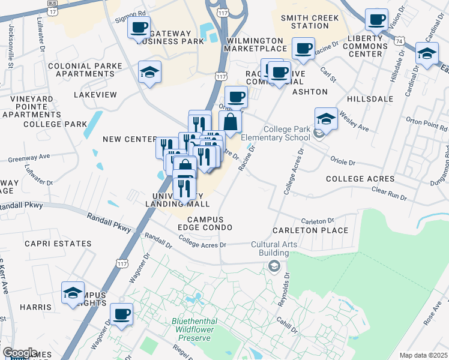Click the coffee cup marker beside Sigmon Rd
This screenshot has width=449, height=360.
[x=139, y=28]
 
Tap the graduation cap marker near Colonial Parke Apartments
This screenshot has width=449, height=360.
[x=149, y=73]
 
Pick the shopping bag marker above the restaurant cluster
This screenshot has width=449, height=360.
[x=231, y=122]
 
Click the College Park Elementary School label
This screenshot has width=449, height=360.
[x=275, y=133]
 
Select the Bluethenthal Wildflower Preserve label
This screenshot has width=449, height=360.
[x=191, y=329]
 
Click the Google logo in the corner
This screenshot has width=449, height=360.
[x=19, y=353]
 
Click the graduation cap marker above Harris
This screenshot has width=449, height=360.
[x=73, y=293]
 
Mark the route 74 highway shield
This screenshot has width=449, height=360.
[x=399, y=40]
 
